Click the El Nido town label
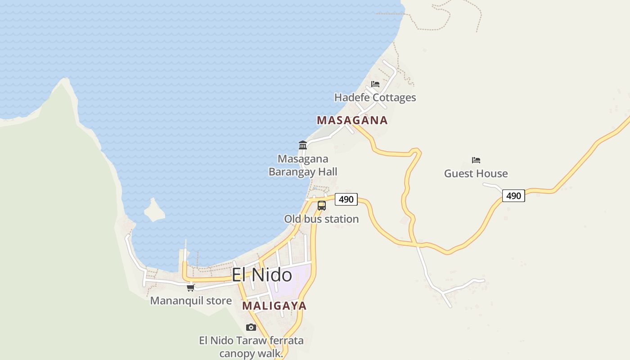point(261,275)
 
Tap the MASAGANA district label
point(352,120)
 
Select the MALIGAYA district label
point(274,306)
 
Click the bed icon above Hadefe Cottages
point(375,84)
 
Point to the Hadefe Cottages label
point(375,98)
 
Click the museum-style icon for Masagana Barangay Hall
point(303,145)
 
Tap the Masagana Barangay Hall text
point(303,165)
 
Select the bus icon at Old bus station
point(322,206)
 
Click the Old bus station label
point(321,219)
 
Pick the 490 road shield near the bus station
point(346,199)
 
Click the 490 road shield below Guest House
point(513,196)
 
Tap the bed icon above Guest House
point(476,160)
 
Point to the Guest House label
point(476,174)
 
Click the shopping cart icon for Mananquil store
point(190,288)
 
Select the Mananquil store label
point(191,301)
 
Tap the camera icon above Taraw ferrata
point(251,327)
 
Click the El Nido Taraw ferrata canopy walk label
point(251,346)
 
